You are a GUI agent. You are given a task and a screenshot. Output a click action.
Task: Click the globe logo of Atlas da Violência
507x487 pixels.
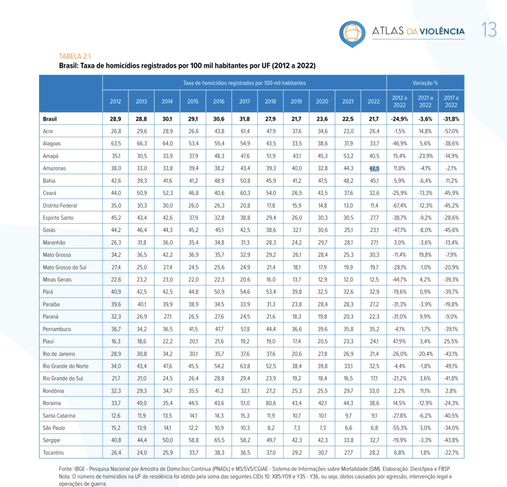[x=352, y=34]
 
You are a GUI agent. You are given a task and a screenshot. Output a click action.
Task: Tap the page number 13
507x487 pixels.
[x=489, y=30]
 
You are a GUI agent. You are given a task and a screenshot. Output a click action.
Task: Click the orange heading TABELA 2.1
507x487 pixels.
[x=75, y=56]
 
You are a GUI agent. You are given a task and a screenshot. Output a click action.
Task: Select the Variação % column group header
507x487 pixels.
[x=425, y=83]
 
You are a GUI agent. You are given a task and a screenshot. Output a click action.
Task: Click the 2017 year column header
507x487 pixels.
[x=245, y=101]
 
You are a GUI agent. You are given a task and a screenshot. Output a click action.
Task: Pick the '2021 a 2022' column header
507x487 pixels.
[x=425, y=101]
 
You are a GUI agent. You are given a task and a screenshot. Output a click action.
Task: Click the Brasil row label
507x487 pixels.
[x=50, y=119]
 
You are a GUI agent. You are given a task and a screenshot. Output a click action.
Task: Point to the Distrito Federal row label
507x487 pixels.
[x=60, y=205]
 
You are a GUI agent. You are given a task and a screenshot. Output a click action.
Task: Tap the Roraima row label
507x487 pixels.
[x=51, y=403]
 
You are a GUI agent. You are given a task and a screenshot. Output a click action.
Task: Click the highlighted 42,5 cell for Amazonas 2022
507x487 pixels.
[x=374, y=168]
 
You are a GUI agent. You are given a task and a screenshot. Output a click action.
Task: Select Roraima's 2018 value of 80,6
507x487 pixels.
[x=271, y=403]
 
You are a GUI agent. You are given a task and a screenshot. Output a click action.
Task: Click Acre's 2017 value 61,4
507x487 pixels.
[x=245, y=131]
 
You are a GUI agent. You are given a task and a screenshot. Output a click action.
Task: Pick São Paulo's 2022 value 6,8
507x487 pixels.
[x=374, y=428]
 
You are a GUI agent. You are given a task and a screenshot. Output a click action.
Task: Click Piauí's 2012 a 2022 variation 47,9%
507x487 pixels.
[x=400, y=341]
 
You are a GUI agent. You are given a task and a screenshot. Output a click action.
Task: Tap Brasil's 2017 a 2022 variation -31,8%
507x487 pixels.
[x=451, y=119]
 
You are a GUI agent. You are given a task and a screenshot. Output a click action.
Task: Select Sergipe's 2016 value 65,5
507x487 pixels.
[x=219, y=440]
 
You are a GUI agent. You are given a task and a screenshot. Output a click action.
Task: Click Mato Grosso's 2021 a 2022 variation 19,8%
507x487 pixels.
[x=425, y=255]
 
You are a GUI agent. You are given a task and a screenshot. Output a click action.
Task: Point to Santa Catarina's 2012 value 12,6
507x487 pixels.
[x=116, y=416]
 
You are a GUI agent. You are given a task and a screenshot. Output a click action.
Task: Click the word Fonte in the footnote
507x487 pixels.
[x=66, y=469]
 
